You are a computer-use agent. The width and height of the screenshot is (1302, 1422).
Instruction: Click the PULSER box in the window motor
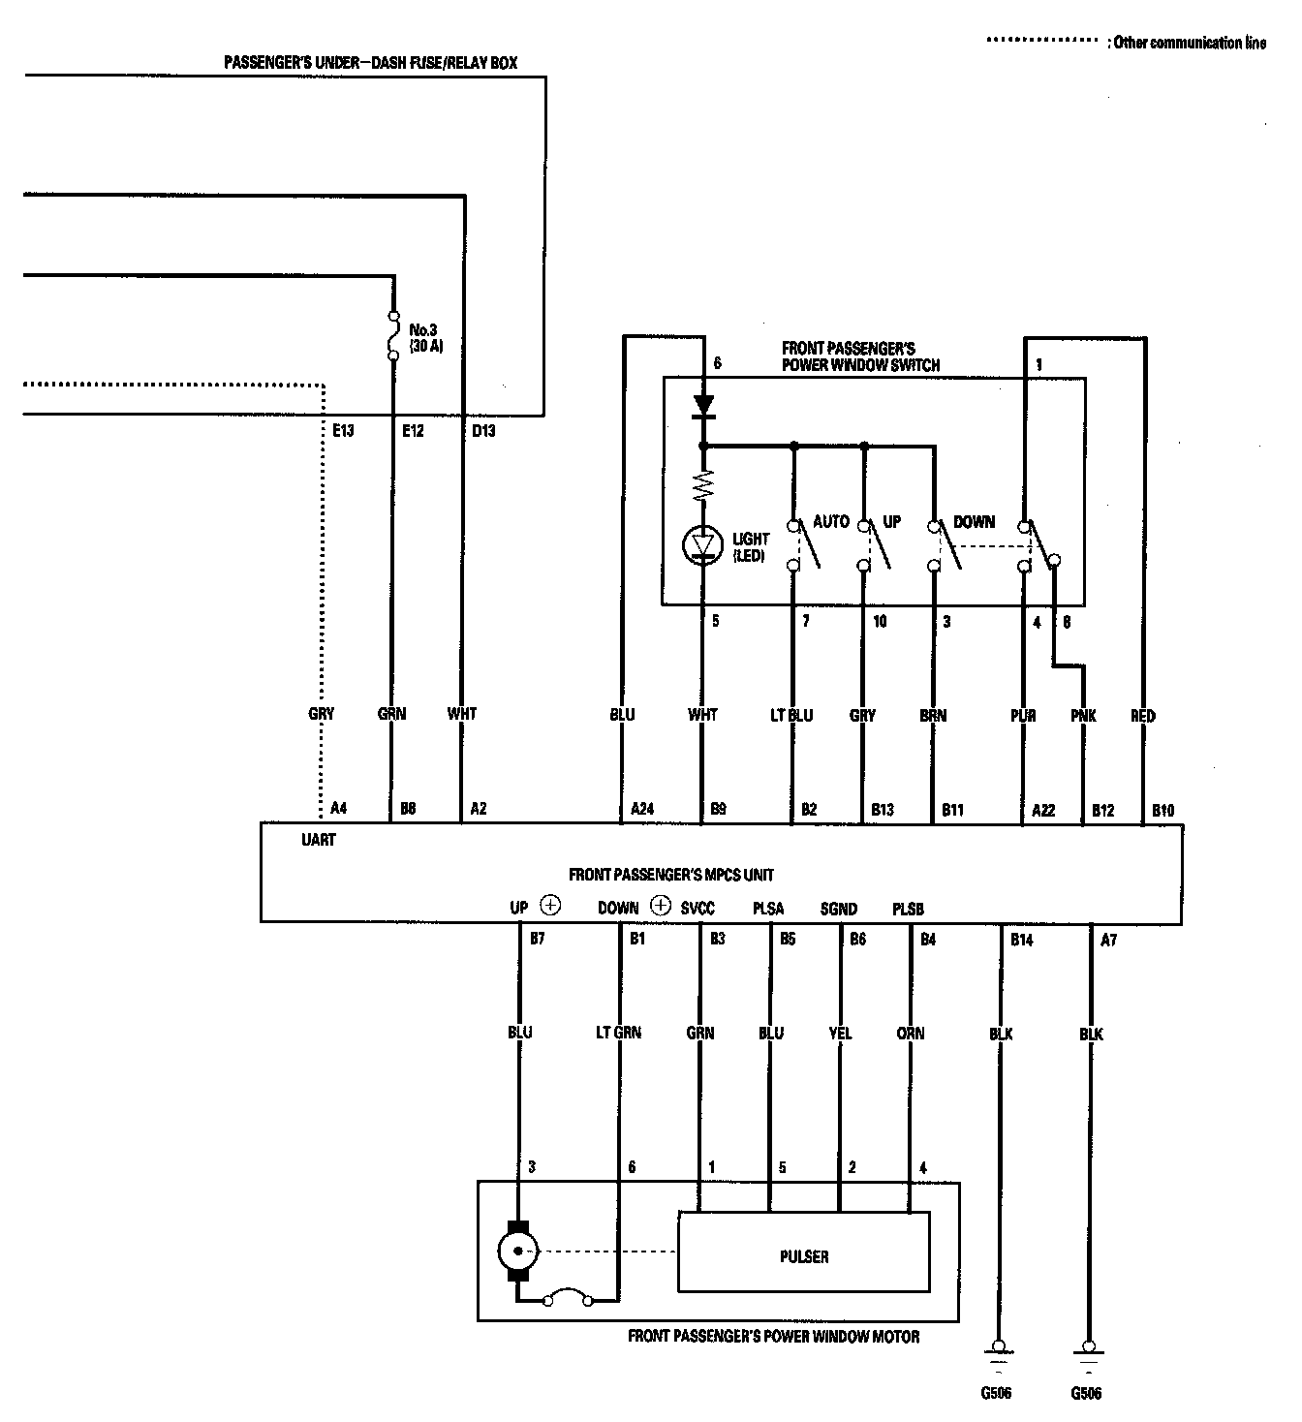tap(803, 1256)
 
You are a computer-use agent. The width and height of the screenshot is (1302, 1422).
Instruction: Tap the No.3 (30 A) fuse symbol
tap(392, 335)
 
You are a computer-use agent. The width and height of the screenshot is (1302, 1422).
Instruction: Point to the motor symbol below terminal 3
tap(518, 1251)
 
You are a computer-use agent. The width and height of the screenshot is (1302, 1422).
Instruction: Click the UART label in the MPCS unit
tap(318, 840)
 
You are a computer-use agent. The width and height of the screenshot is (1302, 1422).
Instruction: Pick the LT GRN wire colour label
tap(618, 1033)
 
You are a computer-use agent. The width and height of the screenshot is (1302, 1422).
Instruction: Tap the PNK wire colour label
tap(1083, 716)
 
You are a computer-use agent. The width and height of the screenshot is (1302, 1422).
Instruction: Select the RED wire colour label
tap(1143, 716)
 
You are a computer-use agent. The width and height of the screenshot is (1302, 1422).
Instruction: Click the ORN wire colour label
tap(911, 1033)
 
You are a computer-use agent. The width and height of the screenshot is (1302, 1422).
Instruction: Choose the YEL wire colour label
tap(840, 1033)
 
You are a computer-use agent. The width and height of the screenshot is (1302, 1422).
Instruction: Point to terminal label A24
tap(642, 809)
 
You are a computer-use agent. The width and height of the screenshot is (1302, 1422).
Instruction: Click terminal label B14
tap(1022, 939)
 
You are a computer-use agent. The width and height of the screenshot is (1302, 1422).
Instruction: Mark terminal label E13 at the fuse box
tap(343, 430)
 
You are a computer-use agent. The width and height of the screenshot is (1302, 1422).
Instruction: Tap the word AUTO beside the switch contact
tap(830, 521)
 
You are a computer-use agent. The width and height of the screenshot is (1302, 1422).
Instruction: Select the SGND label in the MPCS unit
tap(838, 909)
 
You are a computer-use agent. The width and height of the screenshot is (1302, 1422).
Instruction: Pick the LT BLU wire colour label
tap(792, 716)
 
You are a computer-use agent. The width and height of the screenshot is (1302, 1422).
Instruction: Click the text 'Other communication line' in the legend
tap(1189, 43)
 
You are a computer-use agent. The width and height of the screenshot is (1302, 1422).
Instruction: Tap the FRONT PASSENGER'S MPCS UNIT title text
tap(670, 875)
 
